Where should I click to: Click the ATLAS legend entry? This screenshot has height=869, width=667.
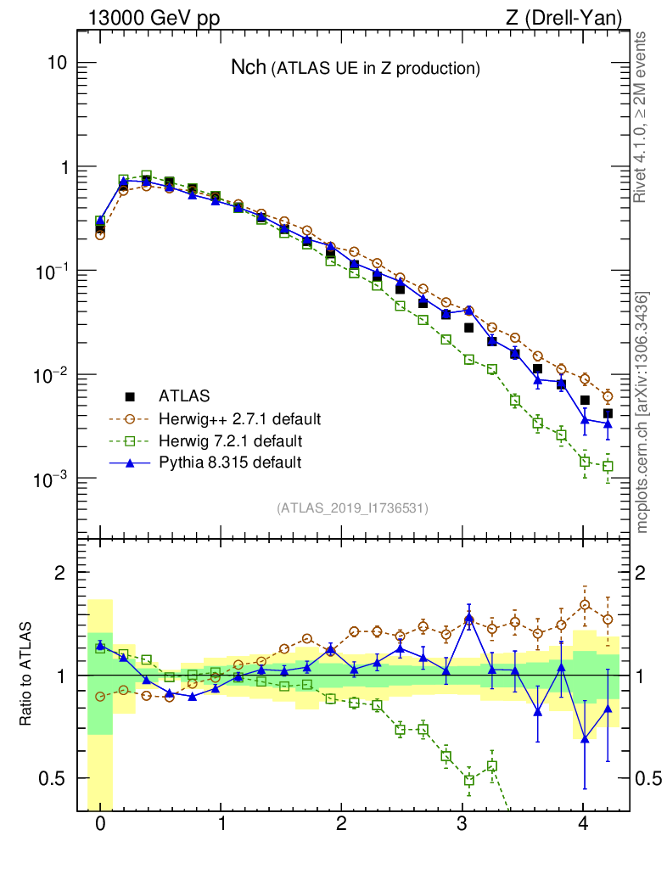184,395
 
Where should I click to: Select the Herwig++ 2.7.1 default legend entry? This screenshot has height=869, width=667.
240,418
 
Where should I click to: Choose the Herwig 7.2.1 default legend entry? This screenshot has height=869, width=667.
230,440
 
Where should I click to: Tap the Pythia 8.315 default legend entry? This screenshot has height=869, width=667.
230,463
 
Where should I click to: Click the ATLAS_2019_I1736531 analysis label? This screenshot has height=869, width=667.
352,508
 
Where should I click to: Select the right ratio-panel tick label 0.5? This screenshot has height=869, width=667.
648,778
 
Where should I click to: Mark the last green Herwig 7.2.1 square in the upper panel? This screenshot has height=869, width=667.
608,466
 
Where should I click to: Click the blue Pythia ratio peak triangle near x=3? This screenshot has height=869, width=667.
469,617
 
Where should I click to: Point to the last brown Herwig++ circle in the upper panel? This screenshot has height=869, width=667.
608,396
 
